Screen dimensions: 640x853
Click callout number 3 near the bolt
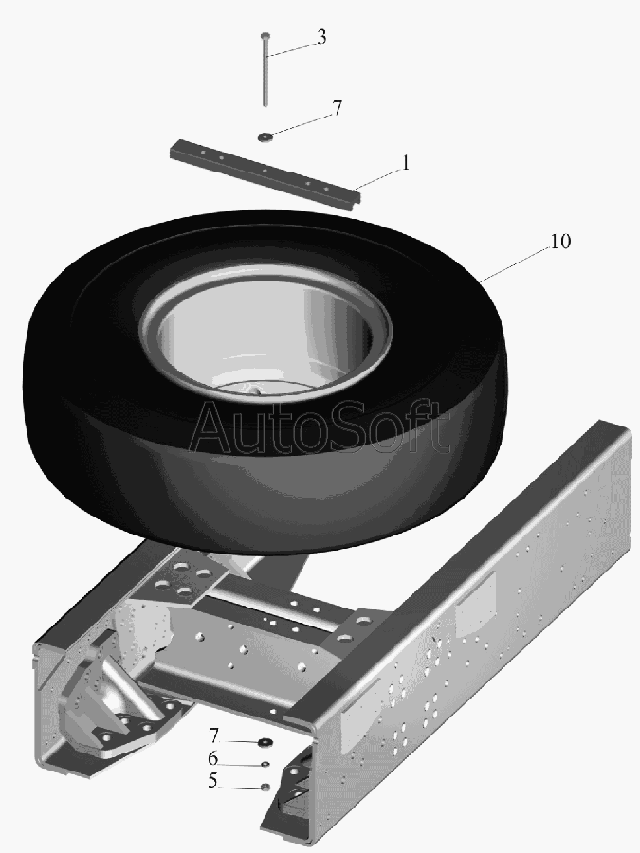321,37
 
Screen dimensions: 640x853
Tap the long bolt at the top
265,69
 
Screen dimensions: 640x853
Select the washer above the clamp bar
265,136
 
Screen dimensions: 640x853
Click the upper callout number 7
338,108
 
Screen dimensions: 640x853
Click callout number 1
405,163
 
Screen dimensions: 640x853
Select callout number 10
560,242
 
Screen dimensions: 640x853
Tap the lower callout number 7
213,736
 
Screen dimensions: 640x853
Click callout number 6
212,758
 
